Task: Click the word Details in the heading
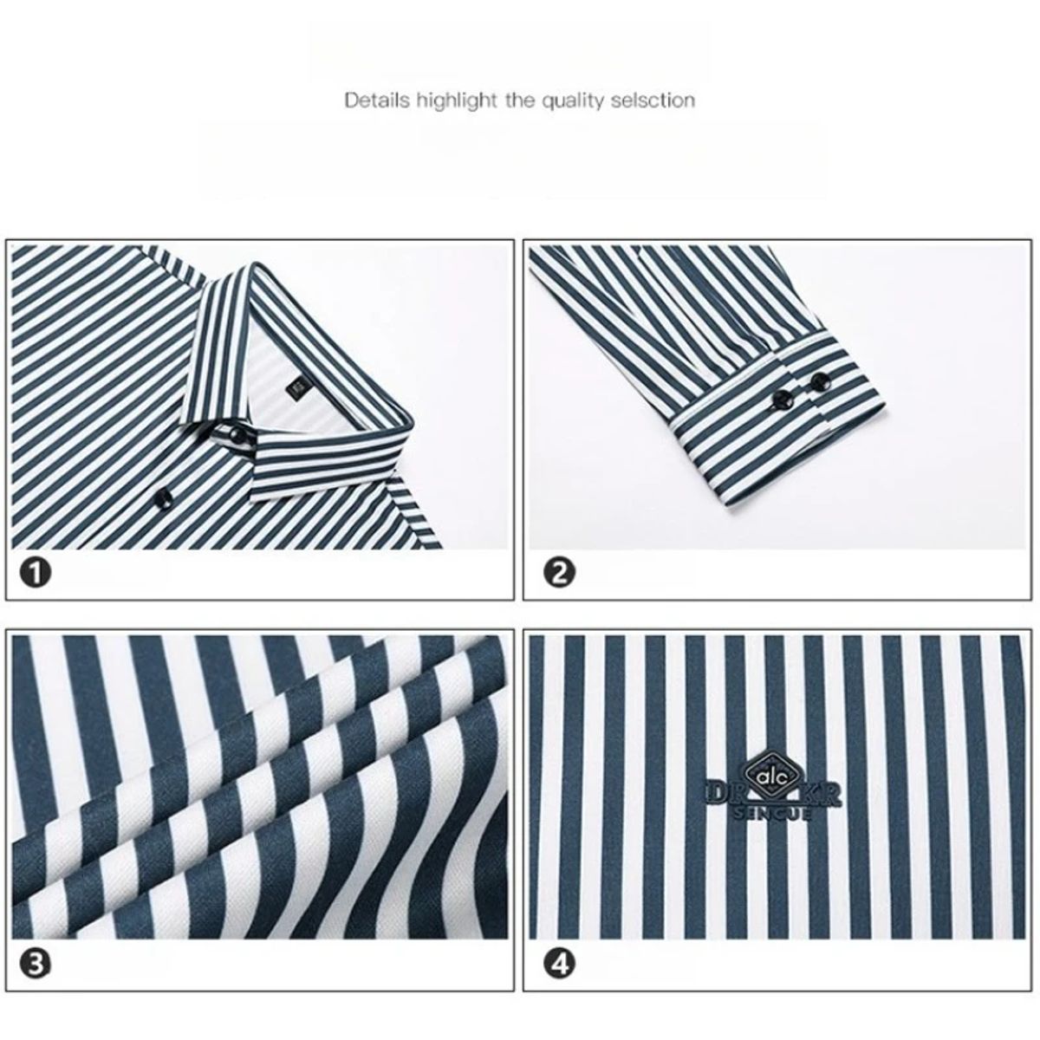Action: (376, 101)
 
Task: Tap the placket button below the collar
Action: (163, 497)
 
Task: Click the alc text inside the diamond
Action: (768, 777)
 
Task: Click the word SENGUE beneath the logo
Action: (772, 815)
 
